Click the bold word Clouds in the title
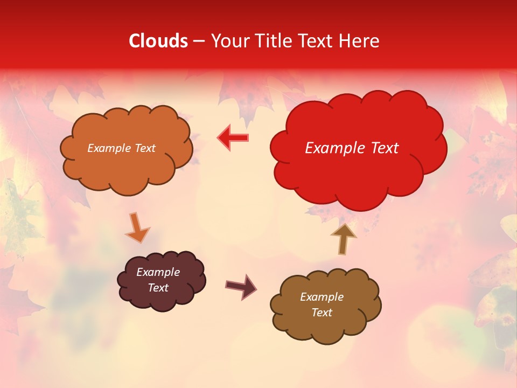(x=158, y=41)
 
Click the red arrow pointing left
(x=233, y=138)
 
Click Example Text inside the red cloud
(x=352, y=148)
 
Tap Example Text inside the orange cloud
(x=121, y=148)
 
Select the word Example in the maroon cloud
(x=158, y=272)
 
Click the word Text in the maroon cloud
(x=158, y=288)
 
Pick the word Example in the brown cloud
(x=322, y=297)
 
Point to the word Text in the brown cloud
(x=322, y=313)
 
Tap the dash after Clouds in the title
(x=199, y=41)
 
